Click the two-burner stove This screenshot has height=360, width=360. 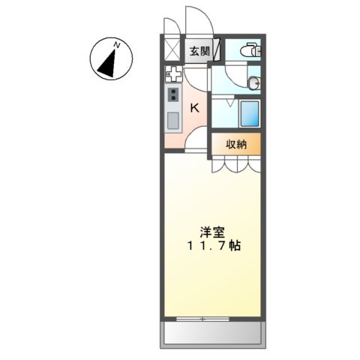coord(173,95)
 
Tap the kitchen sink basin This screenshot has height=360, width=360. coord(173,120)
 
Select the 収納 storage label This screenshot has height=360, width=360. coord(236,145)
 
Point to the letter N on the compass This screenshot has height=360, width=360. coord(117,46)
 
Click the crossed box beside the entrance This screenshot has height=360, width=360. coord(172,51)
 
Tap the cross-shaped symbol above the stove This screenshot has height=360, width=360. coord(173,74)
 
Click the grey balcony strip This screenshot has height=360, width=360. coord(211,334)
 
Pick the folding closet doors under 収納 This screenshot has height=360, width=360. coord(235,163)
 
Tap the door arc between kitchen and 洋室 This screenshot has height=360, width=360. coord(196,139)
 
